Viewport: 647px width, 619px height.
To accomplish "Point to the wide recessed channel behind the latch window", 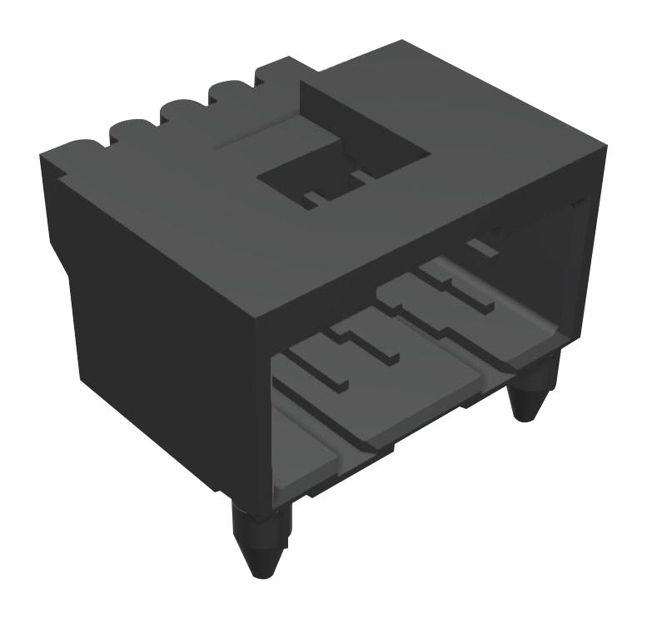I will (366, 117).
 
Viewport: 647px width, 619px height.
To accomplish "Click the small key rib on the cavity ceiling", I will (480, 247).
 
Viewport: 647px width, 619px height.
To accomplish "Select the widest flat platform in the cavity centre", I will (416, 392).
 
